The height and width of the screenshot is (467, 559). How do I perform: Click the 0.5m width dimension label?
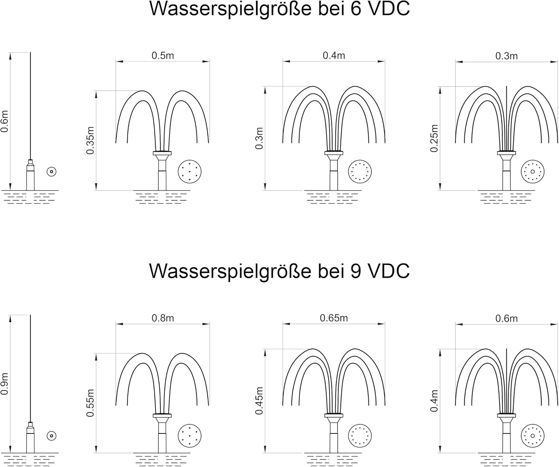tap(163, 56)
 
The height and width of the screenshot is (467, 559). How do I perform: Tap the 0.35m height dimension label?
tap(90, 140)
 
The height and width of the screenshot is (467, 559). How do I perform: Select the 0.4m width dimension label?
tap(334, 55)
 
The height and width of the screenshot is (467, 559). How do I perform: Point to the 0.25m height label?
tap(434, 138)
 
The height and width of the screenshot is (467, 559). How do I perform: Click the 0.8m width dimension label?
tap(163, 318)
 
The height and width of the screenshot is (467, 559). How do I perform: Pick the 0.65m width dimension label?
tap(334, 318)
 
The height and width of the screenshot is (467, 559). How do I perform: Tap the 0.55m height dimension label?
tap(90, 403)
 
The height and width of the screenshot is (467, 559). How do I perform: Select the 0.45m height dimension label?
tap(259, 401)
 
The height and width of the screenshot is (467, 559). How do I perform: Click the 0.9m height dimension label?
tap(4, 384)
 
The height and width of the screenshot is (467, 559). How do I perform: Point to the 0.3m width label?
tap(506, 56)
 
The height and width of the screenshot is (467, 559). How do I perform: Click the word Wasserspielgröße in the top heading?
tap(231, 9)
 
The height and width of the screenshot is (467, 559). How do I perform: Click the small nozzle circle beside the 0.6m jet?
tap(51, 172)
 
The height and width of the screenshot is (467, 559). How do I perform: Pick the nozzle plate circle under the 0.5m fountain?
tap(190, 172)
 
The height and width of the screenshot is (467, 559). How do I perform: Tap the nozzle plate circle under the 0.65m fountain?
tap(360, 436)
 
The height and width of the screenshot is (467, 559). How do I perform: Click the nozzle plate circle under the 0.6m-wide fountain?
tap(533, 436)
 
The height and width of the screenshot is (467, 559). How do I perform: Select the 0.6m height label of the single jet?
tap(4, 121)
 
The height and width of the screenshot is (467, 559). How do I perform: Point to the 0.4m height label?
tap(434, 401)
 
